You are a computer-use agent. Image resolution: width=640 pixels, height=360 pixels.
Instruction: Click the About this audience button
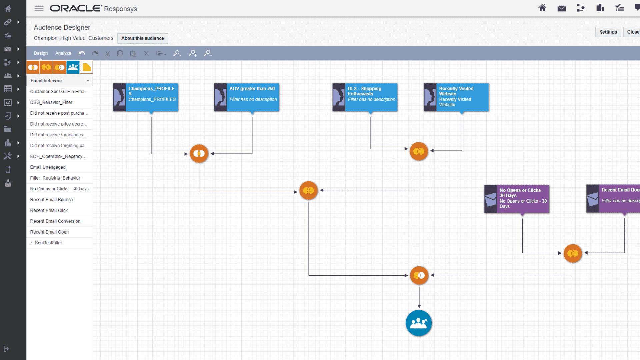point(142,38)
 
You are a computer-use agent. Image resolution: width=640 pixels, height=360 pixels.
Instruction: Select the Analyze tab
point(63,53)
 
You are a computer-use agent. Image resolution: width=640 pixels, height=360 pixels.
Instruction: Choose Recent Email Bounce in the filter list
point(52,200)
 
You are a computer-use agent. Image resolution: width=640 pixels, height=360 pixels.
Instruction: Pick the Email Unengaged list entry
point(48,167)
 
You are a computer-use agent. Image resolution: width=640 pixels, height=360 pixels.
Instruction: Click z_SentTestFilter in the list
point(46,243)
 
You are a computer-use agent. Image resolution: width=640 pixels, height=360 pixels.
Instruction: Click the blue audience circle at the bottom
point(419,323)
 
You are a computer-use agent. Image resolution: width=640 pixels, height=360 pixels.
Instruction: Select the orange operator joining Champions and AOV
point(199,154)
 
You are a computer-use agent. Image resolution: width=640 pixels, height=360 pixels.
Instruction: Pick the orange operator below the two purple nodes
point(573,253)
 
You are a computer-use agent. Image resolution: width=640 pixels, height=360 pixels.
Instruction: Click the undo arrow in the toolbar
point(82,53)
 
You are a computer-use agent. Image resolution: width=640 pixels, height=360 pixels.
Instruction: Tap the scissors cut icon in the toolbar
point(107,53)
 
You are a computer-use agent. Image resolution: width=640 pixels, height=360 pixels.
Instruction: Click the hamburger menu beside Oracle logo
point(39,9)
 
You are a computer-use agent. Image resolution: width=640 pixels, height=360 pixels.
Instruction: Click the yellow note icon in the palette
point(86,67)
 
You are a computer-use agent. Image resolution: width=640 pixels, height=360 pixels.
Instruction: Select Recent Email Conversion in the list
point(55,221)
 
